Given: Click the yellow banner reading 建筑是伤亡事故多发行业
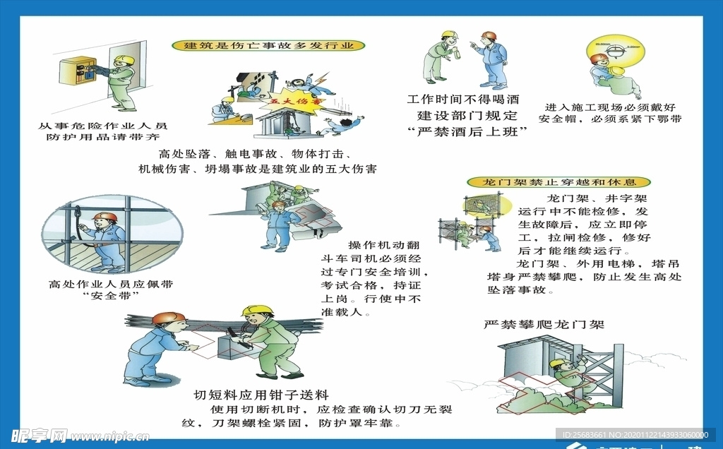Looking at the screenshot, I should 268,46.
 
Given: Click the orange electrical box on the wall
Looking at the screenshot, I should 76,71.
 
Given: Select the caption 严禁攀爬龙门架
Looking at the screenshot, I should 544,325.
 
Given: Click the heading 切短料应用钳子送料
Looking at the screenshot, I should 261,395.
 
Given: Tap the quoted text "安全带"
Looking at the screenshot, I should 110,295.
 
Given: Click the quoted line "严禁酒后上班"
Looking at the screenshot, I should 467,131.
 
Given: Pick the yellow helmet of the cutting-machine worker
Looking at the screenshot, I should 257,310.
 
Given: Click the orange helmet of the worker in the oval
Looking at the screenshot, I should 106,217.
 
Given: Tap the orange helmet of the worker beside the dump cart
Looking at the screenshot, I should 279,205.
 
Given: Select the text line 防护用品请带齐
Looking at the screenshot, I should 103,136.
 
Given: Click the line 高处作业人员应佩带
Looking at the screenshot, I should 111,284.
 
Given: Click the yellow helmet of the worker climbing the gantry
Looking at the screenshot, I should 557,363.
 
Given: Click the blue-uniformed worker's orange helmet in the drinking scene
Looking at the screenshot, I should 489,35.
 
